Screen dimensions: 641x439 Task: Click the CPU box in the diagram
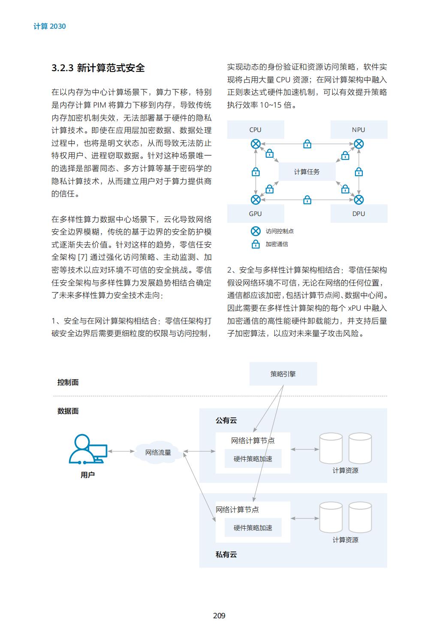(256, 129)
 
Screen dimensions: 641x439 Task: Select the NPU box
(358, 129)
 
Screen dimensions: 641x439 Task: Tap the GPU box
(256, 213)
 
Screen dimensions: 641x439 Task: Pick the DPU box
(358, 213)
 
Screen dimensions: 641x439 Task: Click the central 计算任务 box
(307, 172)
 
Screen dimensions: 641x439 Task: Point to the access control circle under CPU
(256, 144)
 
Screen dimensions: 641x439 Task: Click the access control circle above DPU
(358, 199)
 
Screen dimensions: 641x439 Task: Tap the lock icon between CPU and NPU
(307, 144)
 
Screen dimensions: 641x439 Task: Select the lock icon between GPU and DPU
(307, 200)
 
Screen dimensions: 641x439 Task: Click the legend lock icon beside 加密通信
(256, 244)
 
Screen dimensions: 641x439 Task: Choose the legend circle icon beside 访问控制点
(256, 231)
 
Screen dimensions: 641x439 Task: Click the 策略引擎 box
(283, 374)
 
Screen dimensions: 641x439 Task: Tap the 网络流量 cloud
(158, 452)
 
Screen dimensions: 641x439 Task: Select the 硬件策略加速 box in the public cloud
(253, 459)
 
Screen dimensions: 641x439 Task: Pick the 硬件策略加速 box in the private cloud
(253, 528)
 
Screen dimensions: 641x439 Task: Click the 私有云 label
(226, 554)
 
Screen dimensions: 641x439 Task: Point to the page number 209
(219, 616)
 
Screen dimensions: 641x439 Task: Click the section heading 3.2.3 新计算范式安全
(98, 68)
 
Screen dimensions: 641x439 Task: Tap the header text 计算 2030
(50, 26)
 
